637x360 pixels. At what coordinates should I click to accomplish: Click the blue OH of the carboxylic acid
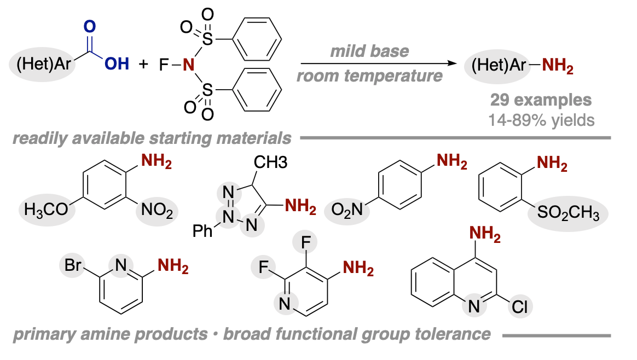(x=117, y=64)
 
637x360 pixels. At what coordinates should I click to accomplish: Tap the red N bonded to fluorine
(x=188, y=64)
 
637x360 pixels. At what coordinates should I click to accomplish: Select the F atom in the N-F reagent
(x=164, y=64)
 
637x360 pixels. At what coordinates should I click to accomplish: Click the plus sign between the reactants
(x=143, y=64)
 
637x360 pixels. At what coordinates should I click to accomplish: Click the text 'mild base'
(x=369, y=51)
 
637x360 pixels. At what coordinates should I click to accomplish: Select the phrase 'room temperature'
(x=369, y=76)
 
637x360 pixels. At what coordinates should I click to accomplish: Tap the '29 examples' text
(x=541, y=100)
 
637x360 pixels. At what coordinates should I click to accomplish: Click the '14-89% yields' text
(x=541, y=120)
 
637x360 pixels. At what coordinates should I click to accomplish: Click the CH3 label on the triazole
(x=270, y=162)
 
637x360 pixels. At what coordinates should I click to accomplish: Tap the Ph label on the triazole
(x=202, y=231)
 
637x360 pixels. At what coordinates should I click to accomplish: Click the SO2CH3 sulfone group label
(x=568, y=212)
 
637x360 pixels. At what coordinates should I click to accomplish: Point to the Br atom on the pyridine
(x=73, y=265)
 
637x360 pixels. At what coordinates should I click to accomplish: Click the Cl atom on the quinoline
(x=519, y=307)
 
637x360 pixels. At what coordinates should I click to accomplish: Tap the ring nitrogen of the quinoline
(x=474, y=307)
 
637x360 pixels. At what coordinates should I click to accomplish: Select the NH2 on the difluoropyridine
(x=358, y=268)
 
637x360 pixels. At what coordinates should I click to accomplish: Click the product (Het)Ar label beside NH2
(x=499, y=65)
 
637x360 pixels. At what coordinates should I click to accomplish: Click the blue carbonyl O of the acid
(x=89, y=26)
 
